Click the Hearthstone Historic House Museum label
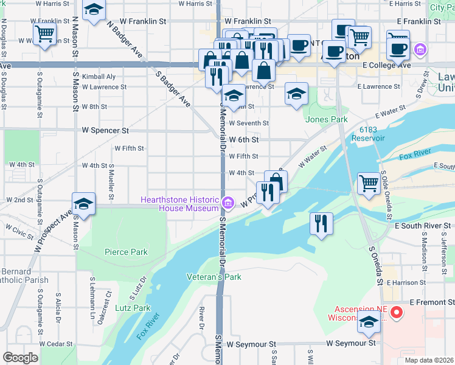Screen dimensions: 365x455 point(179,204)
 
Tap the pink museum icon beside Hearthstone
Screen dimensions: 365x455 point(227,202)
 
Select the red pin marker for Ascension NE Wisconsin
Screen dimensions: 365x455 point(397,313)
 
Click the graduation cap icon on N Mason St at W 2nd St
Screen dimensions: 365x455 point(83,204)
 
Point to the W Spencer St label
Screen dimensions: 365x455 point(106,130)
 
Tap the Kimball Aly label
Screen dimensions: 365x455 point(99,77)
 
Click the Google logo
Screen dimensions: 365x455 point(21,358)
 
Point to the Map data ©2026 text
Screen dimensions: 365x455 point(428,360)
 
